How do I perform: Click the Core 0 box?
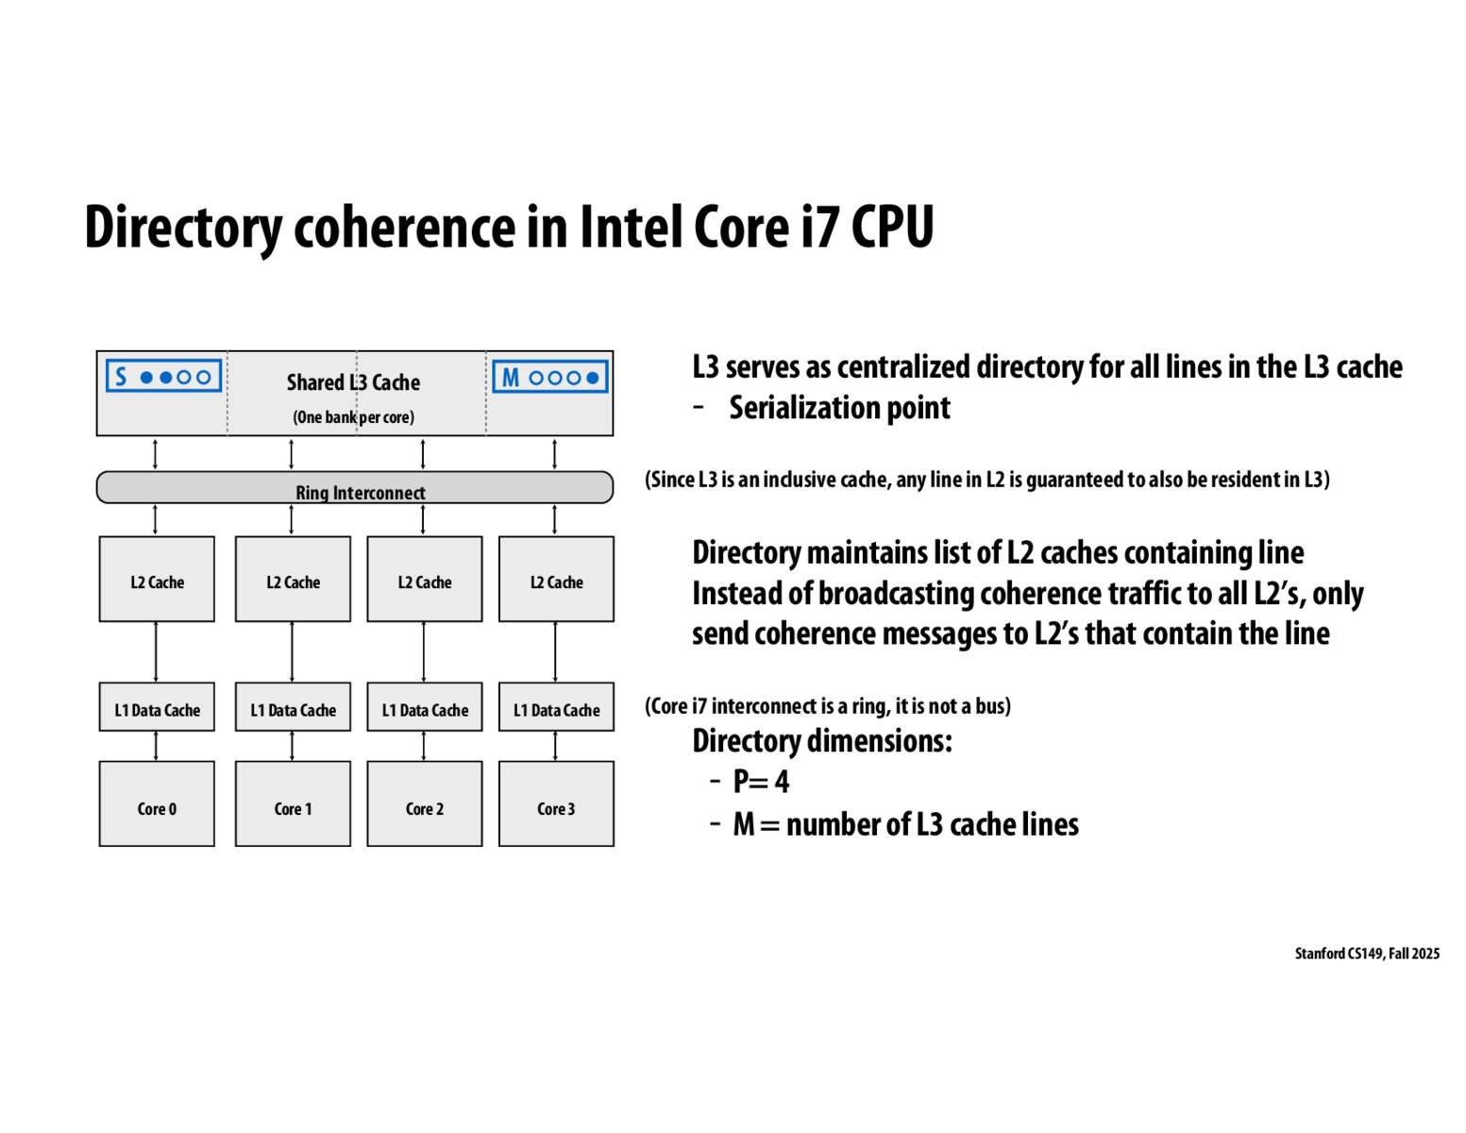coord(157,803)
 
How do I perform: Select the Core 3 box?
coord(556,803)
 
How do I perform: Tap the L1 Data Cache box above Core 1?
coord(293,707)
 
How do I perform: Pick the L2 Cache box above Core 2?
coord(425,580)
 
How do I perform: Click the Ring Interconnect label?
coord(360,493)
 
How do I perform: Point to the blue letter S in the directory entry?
coord(121,377)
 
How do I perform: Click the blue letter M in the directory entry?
coord(510,378)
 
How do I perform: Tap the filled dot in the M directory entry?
coord(593,378)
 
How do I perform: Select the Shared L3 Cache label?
coord(353,382)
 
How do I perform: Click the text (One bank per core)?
coord(353,417)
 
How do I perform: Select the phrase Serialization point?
coord(839,408)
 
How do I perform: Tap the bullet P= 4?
coord(761,782)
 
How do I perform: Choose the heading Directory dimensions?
coord(821,741)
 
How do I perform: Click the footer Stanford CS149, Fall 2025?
coord(1367,954)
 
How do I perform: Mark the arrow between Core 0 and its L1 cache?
coord(156,746)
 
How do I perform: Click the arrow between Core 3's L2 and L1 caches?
coord(555,651)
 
